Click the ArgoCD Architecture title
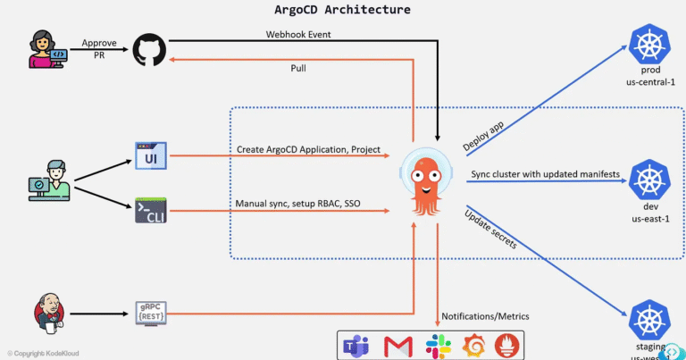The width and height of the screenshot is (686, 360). click(342, 10)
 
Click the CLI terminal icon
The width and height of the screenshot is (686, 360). click(150, 211)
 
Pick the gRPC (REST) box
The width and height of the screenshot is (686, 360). click(150, 314)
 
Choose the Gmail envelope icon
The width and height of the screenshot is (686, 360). click(397, 345)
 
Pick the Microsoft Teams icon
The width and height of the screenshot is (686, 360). click(357, 345)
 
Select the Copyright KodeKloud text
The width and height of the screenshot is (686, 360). click(41, 354)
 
